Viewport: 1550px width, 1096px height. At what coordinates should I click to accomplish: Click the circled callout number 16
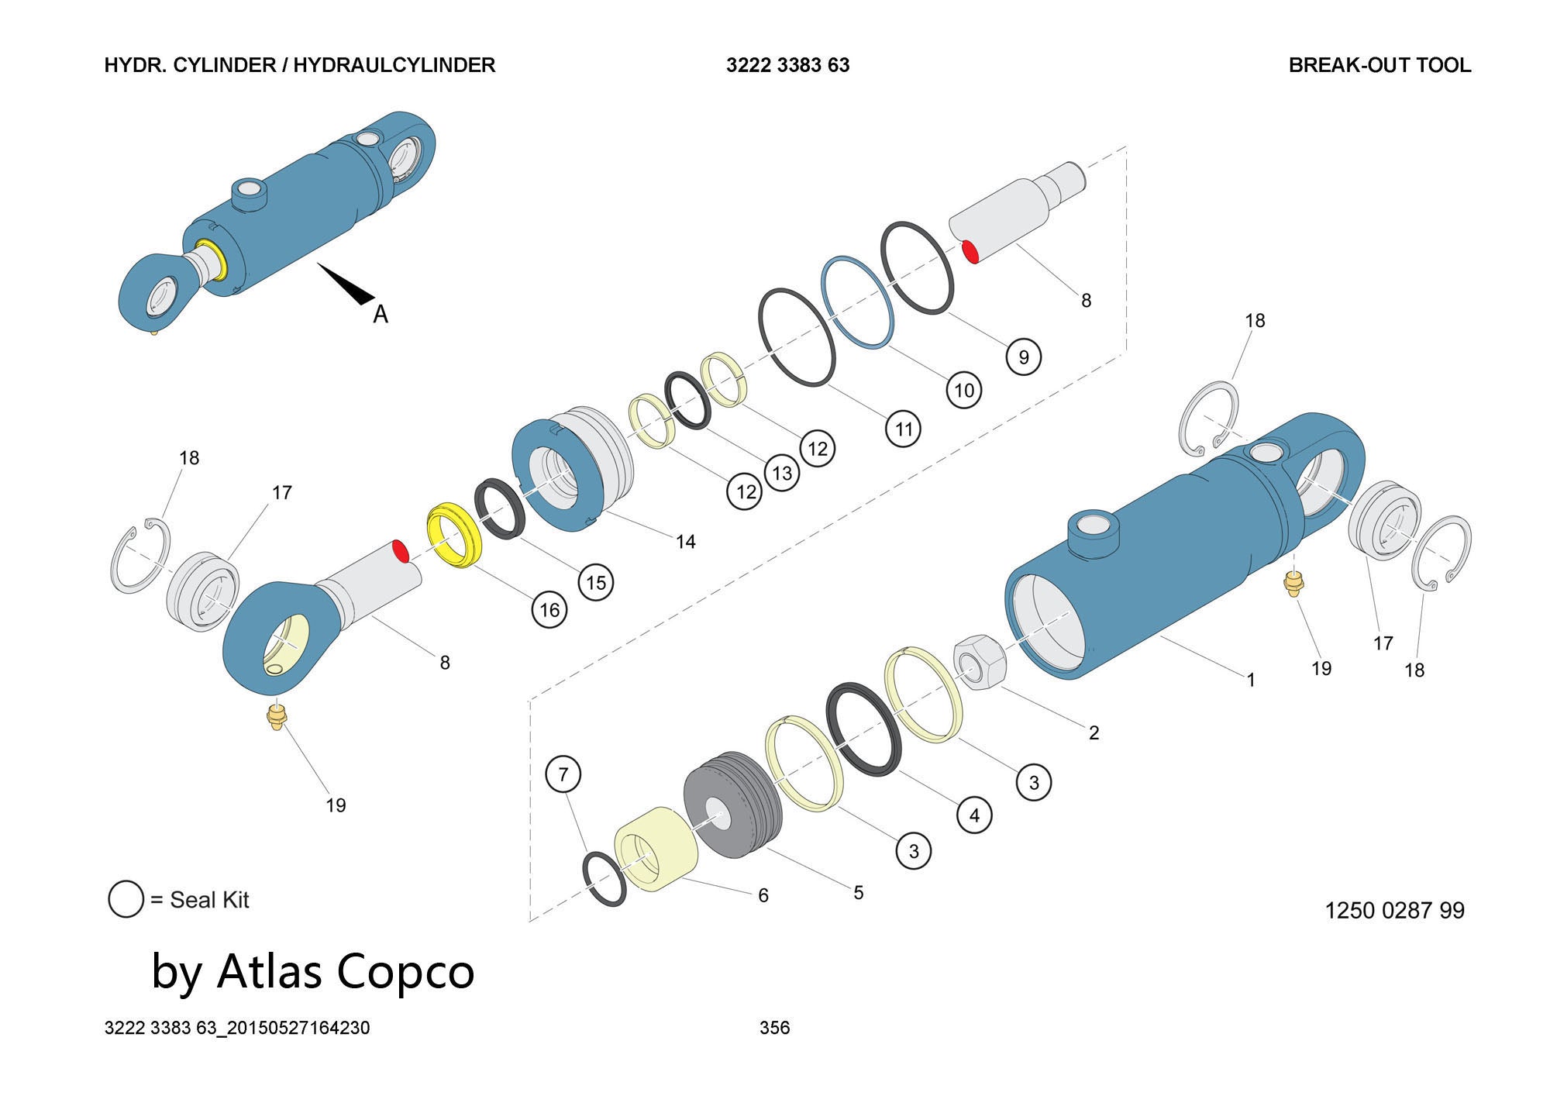tap(549, 610)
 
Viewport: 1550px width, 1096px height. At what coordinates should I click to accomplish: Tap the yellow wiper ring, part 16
tap(455, 535)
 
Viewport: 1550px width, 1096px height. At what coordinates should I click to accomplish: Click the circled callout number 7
tap(563, 774)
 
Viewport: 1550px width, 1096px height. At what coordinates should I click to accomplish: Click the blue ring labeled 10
tap(856, 304)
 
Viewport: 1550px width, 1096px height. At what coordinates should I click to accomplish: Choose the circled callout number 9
tap(1023, 357)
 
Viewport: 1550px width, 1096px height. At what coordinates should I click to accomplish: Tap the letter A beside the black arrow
tap(380, 314)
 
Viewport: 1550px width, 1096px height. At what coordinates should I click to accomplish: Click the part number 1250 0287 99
tap(1394, 910)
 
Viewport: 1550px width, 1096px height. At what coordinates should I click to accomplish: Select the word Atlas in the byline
tap(269, 971)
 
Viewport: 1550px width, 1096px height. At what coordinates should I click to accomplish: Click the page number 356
tap(774, 1028)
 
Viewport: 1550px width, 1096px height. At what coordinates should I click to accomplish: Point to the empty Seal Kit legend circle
tap(126, 899)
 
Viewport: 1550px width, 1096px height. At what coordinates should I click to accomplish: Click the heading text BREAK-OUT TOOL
tap(1379, 65)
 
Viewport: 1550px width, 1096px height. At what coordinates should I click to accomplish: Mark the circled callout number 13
tap(781, 473)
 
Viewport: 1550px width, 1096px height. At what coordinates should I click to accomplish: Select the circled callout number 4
tap(974, 815)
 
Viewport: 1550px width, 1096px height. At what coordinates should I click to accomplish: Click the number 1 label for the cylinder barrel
tap(1250, 680)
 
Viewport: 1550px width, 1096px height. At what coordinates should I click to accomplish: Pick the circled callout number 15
tap(595, 582)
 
